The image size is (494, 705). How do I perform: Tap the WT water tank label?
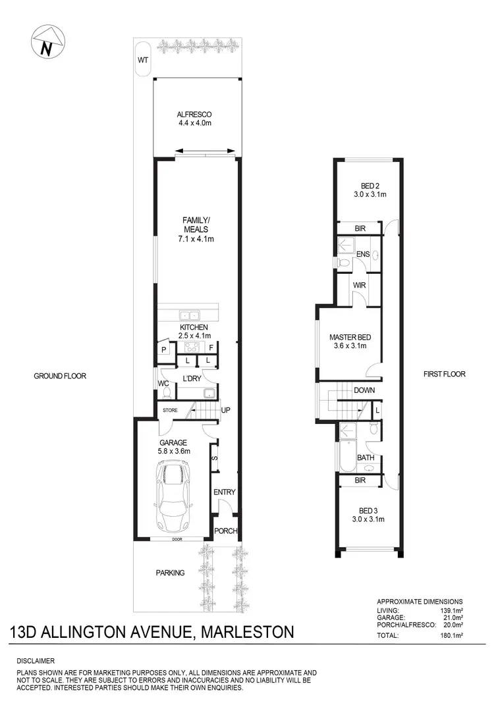pyautogui.click(x=142, y=60)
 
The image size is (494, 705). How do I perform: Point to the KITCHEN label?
pyautogui.click(x=194, y=327)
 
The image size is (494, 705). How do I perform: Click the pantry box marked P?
pyautogui.click(x=162, y=350)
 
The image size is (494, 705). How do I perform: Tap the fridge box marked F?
pyautogui.click(x=211, y=346)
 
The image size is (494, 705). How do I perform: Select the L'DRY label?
pyautogui.click(x=192, y=377)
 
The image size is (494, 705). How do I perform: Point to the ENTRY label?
pyautogui.click(x=224, y=492)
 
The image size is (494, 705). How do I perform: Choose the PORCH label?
pyautogui.click(x=225, y=531)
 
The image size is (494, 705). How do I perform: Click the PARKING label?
pyautogui.click(x=171, y=573)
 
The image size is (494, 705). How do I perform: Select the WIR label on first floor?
pyautogui.click(x=359, y=285)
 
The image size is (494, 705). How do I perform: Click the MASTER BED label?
pyautogui.click(x=350, y=338)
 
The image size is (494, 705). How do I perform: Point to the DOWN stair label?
pyautogui.click(x=364, y=390)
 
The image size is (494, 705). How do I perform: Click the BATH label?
pyautogui.click(x=366, y=457)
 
